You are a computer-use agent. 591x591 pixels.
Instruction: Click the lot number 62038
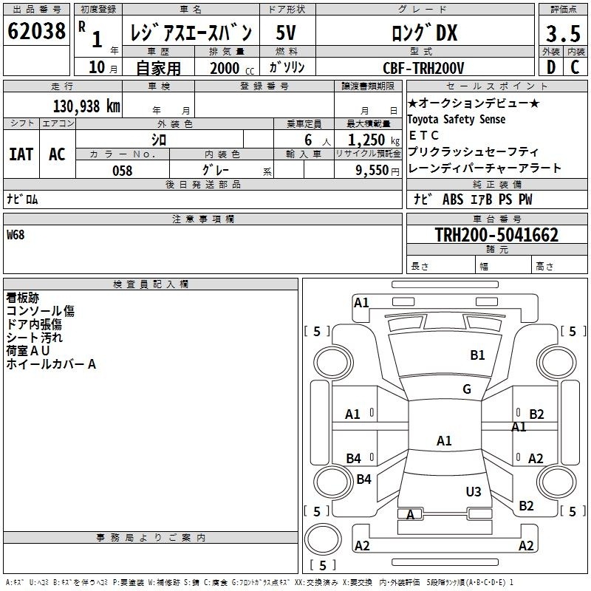coord(36,31)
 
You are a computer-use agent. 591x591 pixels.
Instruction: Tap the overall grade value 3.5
coord(563,33)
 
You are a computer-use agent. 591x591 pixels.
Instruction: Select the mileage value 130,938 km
coord(86,106)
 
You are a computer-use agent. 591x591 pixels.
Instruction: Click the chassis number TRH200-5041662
coord(496,235)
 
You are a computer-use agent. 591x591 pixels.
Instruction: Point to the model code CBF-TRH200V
coord(423,68)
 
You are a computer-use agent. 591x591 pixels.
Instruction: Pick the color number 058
coord(123,171)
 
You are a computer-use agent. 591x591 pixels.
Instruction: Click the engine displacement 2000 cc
coord(232,68)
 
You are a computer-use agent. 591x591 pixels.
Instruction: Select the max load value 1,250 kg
coord(374,140)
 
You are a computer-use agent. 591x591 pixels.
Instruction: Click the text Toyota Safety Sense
coord(456,120)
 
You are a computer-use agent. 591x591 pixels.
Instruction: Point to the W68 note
coord(16,235)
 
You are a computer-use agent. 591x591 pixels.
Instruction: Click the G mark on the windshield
coord(467,389)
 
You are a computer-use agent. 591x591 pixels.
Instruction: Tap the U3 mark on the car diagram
coord(474,491)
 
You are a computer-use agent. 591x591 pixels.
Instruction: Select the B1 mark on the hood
coord(477,355)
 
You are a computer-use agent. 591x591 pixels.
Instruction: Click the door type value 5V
coord(286,33)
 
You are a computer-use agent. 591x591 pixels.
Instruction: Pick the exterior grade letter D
coord(551,67)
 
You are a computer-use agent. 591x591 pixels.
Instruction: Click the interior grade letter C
coord(575,67)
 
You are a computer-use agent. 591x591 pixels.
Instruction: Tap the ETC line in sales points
coord(423,135)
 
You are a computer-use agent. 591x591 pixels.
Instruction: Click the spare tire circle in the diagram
coord(323,539)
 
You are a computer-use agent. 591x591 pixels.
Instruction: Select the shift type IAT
coord(21,154)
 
